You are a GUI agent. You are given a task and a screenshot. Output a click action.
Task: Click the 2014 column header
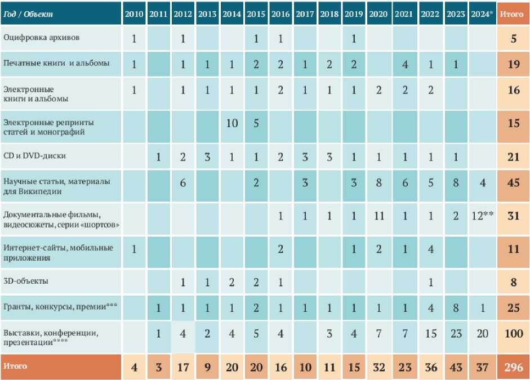click(231, 14)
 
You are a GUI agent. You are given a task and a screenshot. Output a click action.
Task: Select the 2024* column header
click(482, 14)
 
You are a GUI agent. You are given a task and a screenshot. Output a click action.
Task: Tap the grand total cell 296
click(513, 368)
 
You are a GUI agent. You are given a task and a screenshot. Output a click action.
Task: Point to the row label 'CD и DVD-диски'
click(31, 156)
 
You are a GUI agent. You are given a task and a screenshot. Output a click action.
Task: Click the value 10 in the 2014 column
click(231, 123)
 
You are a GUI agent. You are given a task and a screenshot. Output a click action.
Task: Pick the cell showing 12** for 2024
click(482, 216)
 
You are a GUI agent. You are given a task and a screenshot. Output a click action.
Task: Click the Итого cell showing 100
click(513, 334)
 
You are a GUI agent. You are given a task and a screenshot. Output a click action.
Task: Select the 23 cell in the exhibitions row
click(456, 334)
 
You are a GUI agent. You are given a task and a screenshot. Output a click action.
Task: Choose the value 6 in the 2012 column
click(182, 183)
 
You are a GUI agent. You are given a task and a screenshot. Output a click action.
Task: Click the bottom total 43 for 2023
click(456, 368)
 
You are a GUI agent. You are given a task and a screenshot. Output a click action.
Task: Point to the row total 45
click(513, 183)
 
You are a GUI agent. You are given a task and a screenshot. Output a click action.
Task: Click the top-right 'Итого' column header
click(513, 14)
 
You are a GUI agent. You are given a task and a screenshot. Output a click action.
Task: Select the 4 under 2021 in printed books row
click(405, 64)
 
